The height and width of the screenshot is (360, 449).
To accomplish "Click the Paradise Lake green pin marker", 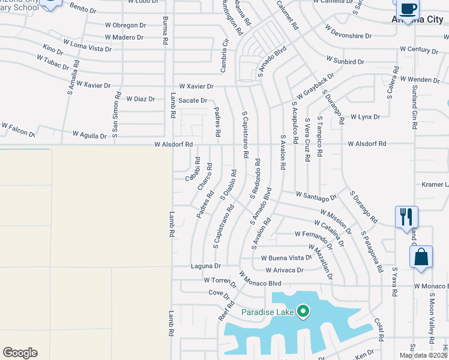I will tap(304, 311).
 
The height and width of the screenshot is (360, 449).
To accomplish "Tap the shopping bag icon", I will tap(421, 257).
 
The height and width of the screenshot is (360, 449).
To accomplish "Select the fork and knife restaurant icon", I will tap(406, 217).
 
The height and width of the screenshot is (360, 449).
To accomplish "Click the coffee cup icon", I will tap(408, 9).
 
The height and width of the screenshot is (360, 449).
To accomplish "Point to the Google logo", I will tap(20, 353).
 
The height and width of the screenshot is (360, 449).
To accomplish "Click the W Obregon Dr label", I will tap(125, 25).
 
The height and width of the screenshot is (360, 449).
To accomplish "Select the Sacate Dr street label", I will tap(193, 101).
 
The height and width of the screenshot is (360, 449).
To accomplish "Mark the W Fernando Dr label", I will tap(313, 234).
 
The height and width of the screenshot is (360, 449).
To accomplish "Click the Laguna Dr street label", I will tap(206, 266).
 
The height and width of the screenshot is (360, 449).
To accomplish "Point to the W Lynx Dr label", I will tap(365, 116).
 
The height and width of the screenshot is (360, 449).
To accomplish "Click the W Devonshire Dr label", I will tap(354, 32).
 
